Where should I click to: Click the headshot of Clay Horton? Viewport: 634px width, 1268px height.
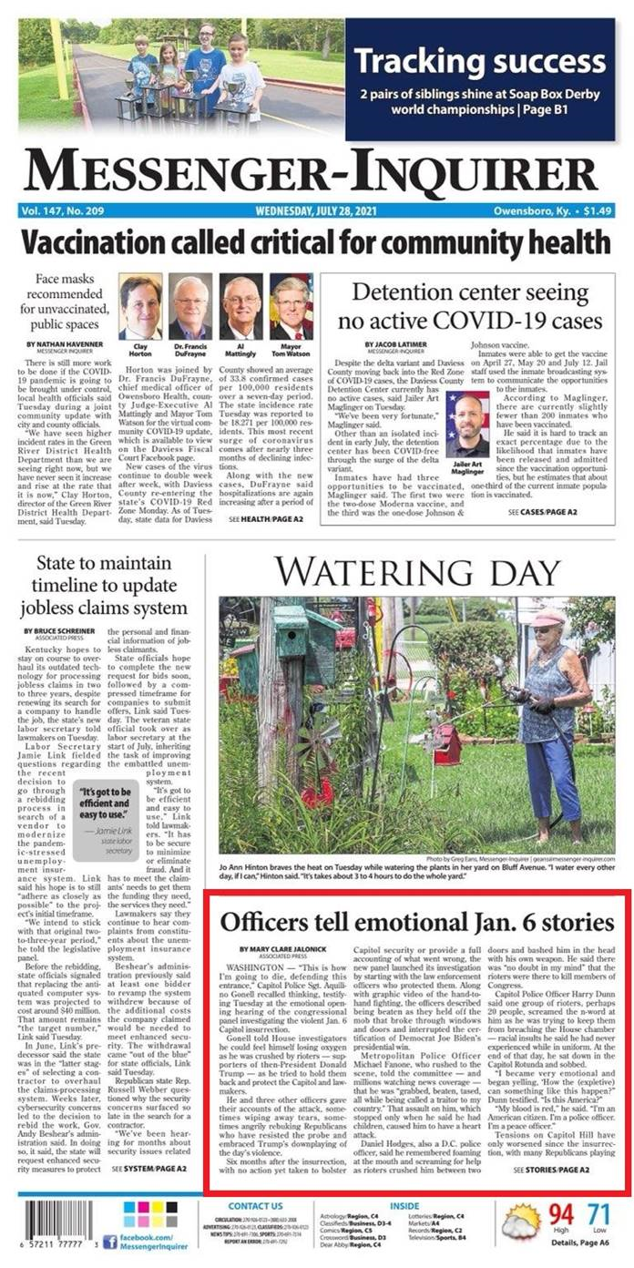[x=140, y=305]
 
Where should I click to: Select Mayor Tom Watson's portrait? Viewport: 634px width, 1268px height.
[x=291, y=305]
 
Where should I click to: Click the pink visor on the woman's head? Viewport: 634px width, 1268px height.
[x=547, y=619]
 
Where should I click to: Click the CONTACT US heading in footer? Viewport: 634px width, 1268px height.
[x=254, y=1206]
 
